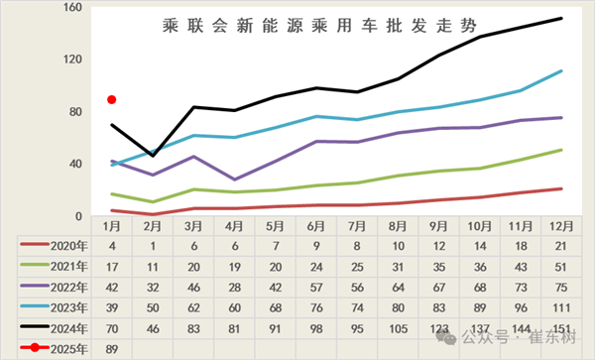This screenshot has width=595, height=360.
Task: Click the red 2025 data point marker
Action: (x=112, y=99)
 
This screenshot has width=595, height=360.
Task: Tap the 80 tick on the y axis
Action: (x=71, y=112)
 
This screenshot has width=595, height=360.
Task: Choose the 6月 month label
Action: (x=316, y=227)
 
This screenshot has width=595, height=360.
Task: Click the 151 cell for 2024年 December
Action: (x=561, y=327)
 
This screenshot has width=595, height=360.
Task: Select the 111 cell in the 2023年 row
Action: (x=561, y=306)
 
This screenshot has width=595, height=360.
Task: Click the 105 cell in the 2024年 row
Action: (x=398, y=327)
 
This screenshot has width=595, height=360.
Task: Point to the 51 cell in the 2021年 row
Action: (x=561, y=266)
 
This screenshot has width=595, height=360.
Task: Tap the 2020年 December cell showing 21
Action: (x=561, y=245)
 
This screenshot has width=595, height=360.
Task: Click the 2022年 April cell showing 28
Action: (x=234, y=287)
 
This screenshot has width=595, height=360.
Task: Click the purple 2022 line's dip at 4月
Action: (x=234, y=180)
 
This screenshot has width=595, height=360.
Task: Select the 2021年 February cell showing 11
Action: (x=153, y=266)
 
